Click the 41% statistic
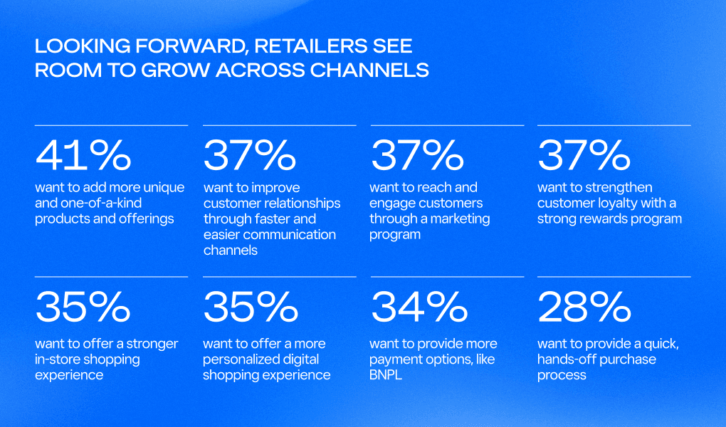tap(83, 154)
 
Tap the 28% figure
tap(584, 307)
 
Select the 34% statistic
tap(419, 307)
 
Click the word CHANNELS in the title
tap(369, 70)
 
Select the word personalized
tap(241, 360)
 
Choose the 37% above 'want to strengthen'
tap(584, 154)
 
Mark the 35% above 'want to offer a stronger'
tap(83, 307)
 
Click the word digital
tap(301, 360)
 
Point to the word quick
tap(662, 344)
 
